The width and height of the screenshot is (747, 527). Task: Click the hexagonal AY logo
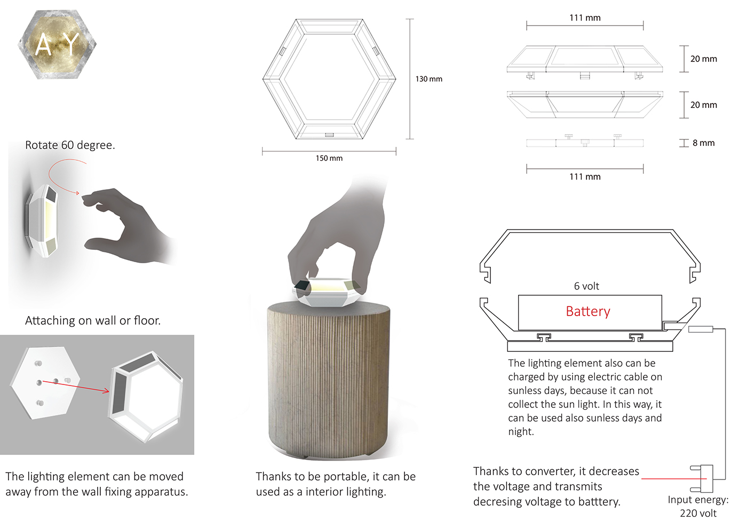click(x=57, y=45)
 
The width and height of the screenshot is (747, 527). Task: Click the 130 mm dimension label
click(x=428, y=79)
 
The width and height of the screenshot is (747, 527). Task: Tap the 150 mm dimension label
click(x=329, y=158)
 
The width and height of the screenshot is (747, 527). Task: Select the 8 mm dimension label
click(x=703, y=143)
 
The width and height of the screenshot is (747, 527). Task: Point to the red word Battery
click(x=587, y=311)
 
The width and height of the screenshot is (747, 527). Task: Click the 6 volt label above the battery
click(x=586, y=286)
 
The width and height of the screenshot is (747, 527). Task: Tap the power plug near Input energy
click(x=703, y=478)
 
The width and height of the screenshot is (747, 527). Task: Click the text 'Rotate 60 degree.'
click(x=70, y=145)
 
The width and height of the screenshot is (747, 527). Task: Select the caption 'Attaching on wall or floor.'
click(x=93, y=320)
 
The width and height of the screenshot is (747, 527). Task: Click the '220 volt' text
click(x=698, y=514)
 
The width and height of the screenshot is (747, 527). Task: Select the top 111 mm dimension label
click(x=585, y=18)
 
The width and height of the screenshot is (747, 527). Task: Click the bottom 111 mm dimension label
click(x=585, y=177)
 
